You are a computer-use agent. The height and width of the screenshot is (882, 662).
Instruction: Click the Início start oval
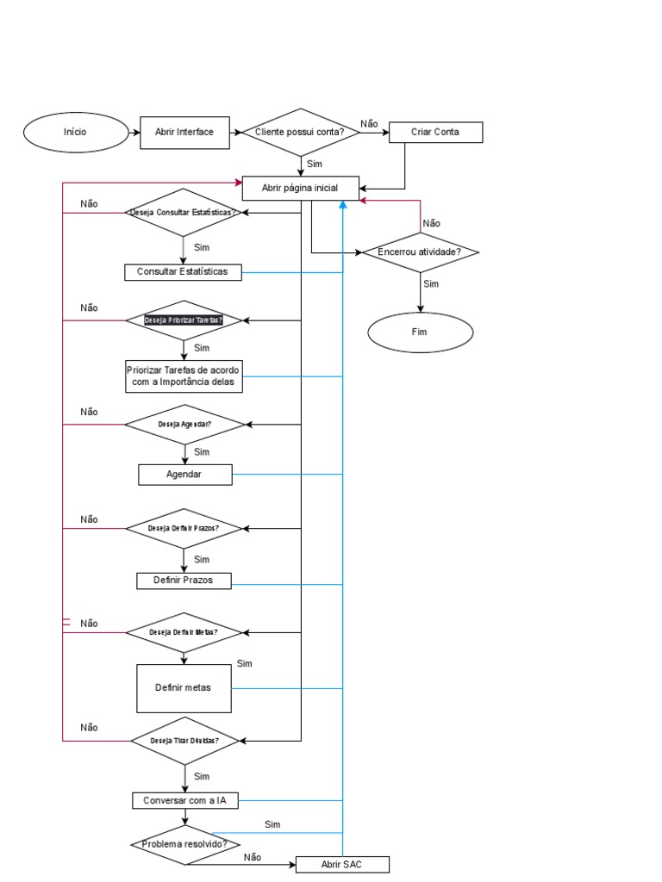[75, 132]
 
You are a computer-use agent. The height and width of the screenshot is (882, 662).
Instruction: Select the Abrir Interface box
[184, 132]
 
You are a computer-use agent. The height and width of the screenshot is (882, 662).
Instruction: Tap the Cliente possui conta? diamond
[299, 132]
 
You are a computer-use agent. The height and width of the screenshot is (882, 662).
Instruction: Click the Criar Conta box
[435, 132]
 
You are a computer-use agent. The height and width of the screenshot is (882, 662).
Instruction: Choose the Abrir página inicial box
[300, 187]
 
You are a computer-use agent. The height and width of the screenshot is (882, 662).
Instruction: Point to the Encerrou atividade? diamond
[420, 252]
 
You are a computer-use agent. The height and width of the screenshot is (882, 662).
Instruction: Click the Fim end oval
[420, 332]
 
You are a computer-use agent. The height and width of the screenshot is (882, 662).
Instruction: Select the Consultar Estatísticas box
[182, 272]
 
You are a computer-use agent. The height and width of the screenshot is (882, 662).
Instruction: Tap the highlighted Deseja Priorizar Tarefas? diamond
[184, 320]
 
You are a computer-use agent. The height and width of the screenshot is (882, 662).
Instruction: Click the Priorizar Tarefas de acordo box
[183, 376]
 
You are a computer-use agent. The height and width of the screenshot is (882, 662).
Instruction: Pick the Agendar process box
[185, 475]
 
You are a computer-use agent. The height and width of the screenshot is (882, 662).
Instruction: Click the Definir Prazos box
[185, 581]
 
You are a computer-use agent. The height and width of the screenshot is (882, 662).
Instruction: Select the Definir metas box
[184, 687]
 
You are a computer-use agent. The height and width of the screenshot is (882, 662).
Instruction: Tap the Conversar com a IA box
[184, 800]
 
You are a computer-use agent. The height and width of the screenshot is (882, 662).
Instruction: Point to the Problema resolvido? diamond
[184, 844]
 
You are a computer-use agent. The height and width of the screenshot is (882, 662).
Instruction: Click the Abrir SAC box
[342, 864]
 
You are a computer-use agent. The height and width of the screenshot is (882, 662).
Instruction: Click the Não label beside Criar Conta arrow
[369, 124]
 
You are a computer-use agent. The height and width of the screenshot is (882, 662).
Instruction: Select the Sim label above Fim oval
[431, 283]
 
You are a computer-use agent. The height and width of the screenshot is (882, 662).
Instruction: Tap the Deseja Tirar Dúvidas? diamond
[184, 740]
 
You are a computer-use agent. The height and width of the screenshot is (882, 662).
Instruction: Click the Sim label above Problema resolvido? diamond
[272, 824]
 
